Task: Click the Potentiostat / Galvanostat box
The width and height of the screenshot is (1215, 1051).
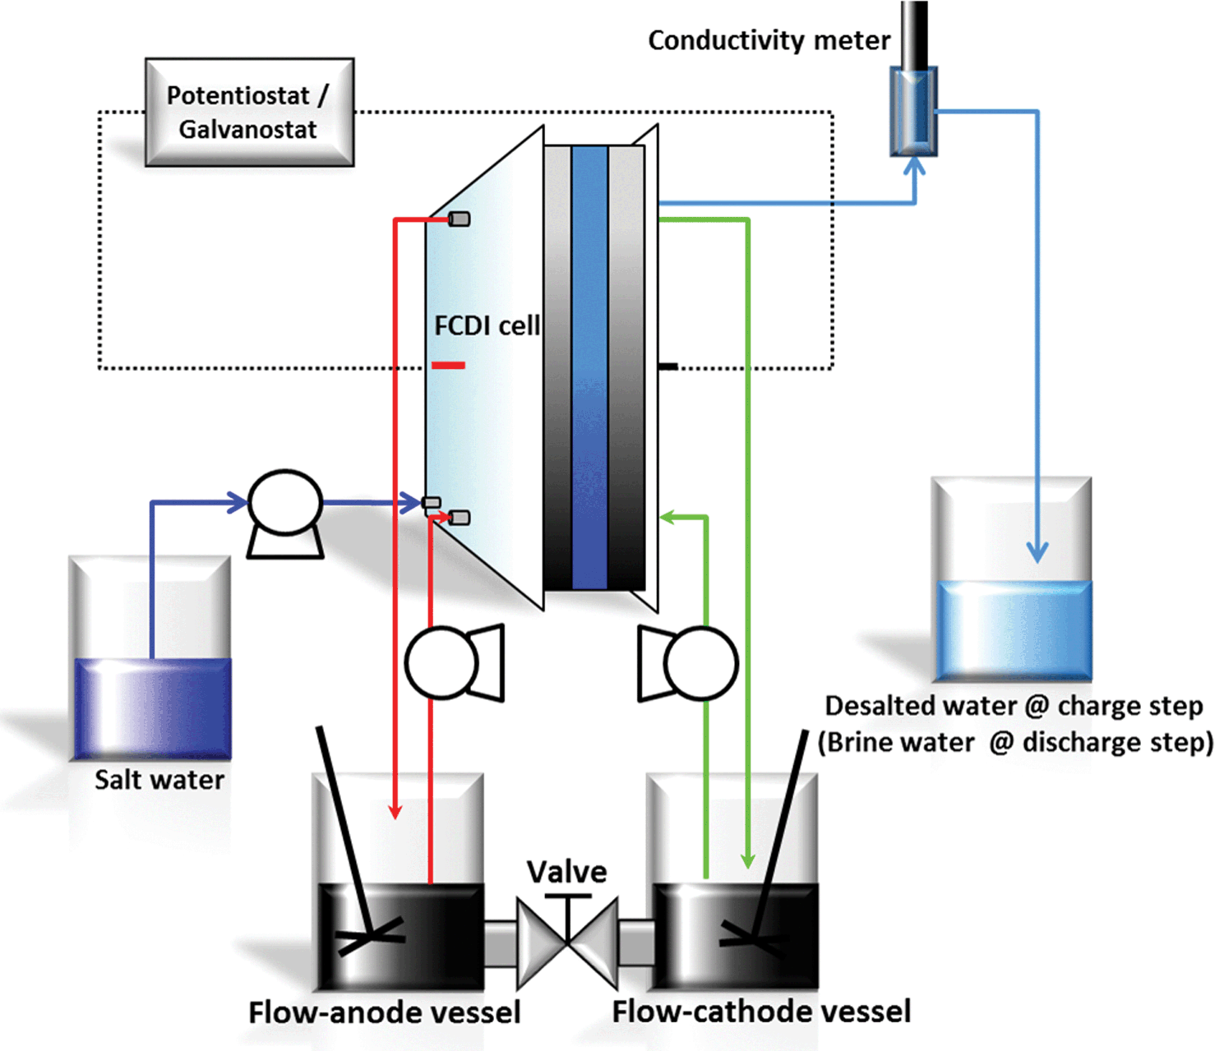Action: [249, 113]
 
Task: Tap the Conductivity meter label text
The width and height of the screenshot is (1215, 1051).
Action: [769, 40]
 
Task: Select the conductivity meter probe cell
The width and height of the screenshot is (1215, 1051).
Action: [913, 112]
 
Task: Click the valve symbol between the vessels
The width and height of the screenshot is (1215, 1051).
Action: [567, 942]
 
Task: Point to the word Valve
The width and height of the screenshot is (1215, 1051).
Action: [566, 871]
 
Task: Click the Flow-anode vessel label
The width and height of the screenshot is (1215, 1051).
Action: [384, 1012]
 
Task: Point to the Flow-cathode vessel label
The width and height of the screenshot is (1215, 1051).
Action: [761, 1012]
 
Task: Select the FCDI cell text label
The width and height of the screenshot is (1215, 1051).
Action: [487, 325]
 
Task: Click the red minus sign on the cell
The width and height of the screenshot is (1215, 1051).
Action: [448, 365]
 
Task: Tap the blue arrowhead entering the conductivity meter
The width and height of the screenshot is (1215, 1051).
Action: [914, 166]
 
